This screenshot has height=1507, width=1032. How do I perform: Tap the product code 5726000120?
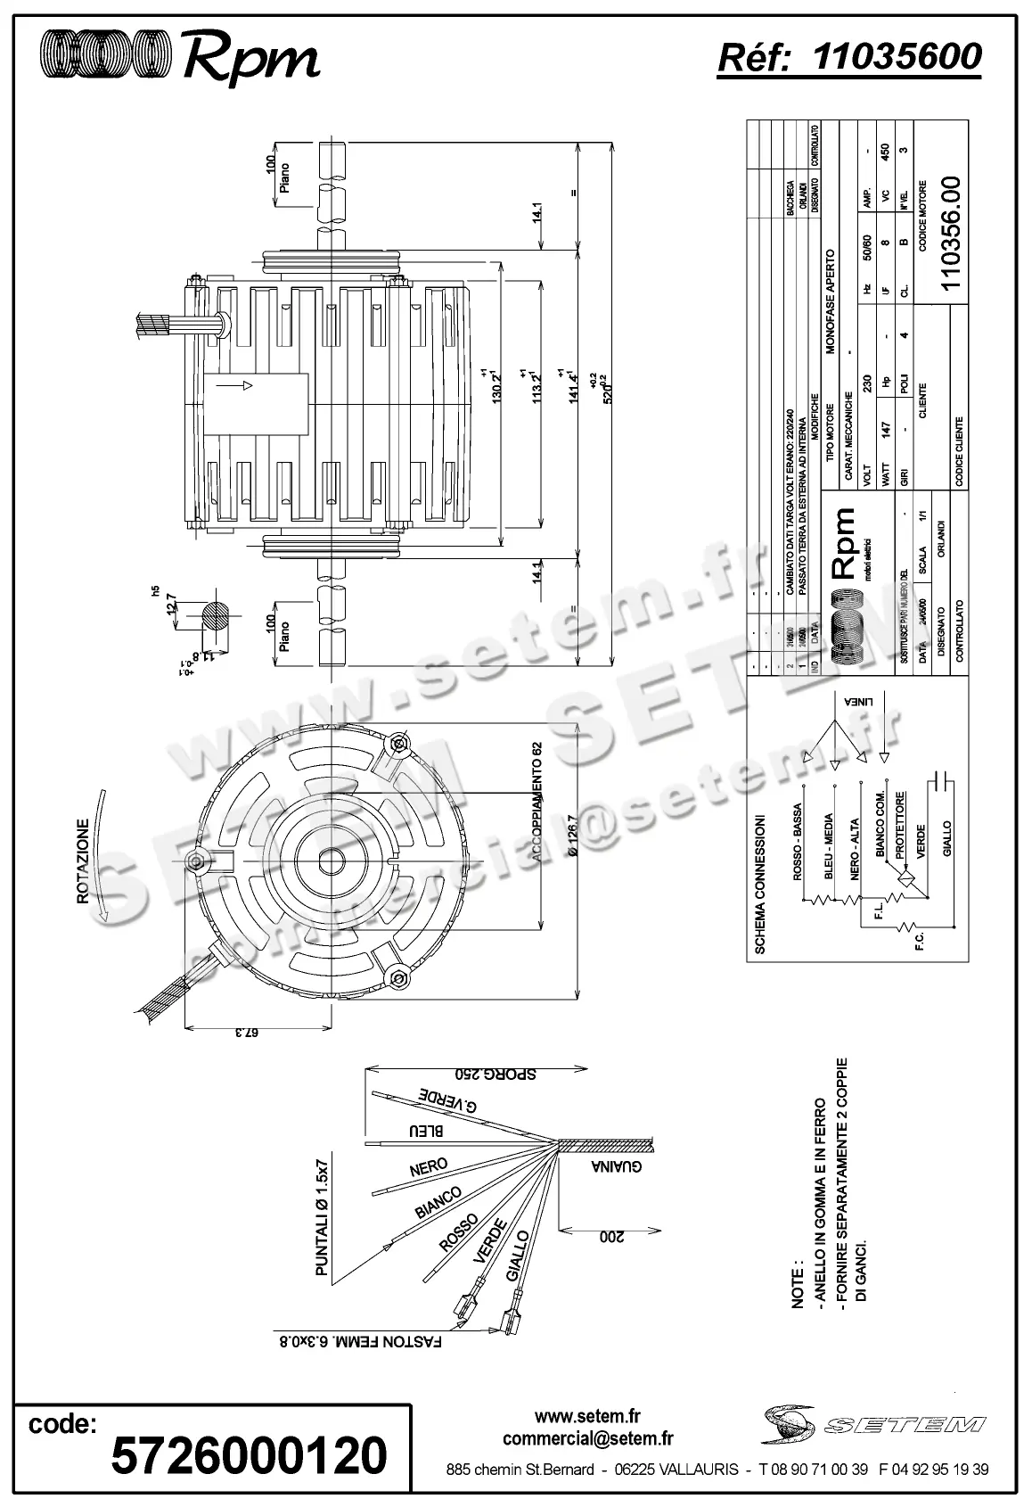pos(249,1455)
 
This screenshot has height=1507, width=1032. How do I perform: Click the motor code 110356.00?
pos(951,233)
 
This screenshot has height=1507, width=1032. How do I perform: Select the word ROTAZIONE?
pos(82,862)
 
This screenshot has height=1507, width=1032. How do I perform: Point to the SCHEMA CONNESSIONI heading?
pos(759,884)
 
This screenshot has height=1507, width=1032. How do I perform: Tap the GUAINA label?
pos(616,1167)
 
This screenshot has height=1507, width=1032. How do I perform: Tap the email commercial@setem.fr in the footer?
pos(587,1437)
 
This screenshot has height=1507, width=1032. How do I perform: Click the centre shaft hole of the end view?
pos(332,862)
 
